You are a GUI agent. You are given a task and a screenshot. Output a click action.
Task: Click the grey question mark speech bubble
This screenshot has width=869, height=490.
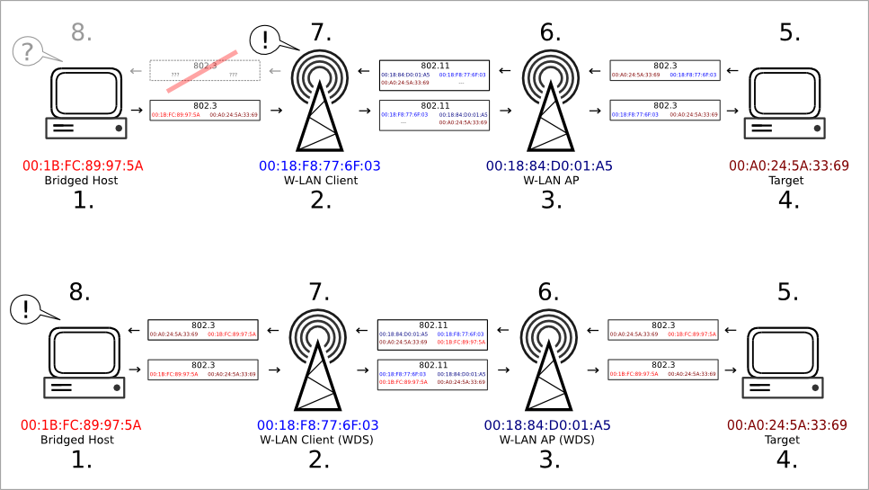[30, 51]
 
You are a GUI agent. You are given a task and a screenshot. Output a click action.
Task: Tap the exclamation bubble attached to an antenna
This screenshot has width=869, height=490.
[268, 39]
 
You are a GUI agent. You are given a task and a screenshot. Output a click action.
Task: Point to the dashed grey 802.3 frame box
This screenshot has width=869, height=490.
[204, 70]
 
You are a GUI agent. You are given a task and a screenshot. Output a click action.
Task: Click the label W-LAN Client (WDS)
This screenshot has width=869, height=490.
[317, 441]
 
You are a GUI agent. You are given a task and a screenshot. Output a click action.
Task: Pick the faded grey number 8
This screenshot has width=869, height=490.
[82, 33]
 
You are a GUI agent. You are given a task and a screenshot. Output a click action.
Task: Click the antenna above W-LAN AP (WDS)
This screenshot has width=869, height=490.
[548, 358]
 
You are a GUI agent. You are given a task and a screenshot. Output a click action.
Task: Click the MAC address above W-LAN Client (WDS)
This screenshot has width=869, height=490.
[317, 424]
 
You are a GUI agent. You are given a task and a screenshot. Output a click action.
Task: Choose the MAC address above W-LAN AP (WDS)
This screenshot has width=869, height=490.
[548, 424]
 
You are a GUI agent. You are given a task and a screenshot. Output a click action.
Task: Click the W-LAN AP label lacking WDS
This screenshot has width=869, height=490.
[548, 181]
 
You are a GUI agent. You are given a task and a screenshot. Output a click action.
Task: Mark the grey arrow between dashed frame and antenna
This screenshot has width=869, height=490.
[276, 71]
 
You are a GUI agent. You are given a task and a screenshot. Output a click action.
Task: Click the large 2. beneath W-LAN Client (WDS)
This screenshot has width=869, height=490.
[317, 461]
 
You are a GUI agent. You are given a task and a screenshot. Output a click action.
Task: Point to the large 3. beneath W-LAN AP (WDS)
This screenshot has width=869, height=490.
[548, 461]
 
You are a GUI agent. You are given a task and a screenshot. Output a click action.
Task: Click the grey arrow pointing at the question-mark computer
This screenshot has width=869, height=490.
[134, 71]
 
